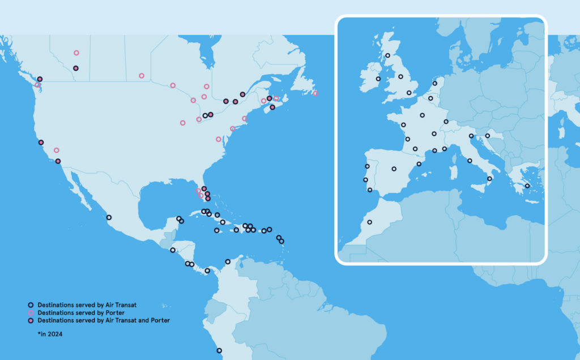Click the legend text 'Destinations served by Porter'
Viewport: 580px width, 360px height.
[81, 312]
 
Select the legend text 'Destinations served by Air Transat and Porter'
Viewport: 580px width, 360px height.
[104, 320]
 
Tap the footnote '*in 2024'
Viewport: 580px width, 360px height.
[50, 335]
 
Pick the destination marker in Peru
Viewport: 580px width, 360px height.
[219, 350]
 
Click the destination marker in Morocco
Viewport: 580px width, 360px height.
[370, 222]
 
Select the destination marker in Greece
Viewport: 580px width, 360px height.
[527, 186]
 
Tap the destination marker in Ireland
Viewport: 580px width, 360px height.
[378, 79]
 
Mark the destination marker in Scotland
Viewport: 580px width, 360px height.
[388, 55]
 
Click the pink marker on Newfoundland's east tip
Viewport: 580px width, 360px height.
[315, 93]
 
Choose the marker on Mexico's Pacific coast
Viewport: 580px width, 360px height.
[109, 217]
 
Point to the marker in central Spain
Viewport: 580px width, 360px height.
[394, 169]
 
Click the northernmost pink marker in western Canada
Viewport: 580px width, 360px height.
[76, 53]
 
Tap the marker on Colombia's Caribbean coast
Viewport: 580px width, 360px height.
[228, 262]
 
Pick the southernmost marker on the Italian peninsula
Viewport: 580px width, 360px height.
[489, 179]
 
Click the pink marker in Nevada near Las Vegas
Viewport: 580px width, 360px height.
[57, 150]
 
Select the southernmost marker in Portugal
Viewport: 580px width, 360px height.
[370, 190]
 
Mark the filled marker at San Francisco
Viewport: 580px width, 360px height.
[41, 143]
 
